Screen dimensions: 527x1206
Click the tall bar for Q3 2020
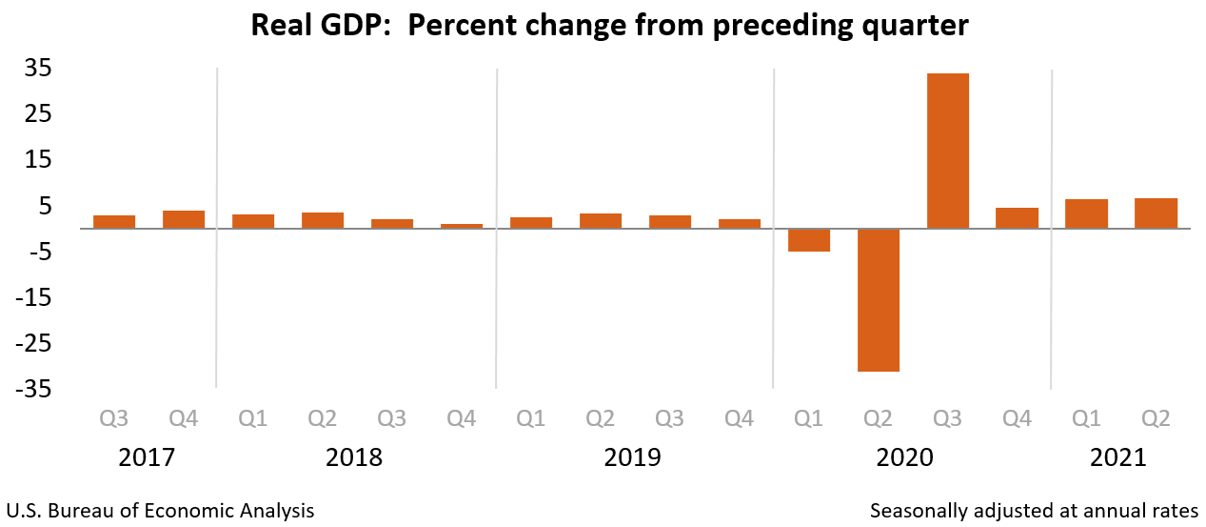947,151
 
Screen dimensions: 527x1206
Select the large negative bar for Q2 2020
878,299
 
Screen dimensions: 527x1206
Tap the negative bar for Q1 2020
808,240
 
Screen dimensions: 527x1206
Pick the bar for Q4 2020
1017,218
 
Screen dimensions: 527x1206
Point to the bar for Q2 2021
1156,213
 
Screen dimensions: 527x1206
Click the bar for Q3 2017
114,222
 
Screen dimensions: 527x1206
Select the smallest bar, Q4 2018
462,226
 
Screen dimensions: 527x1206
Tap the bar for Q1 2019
531,223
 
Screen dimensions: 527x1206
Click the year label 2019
632,457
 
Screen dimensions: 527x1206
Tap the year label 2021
1118,457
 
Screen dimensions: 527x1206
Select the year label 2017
147,457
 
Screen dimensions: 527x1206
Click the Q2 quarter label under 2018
322,418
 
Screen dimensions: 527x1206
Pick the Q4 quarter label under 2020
1017,418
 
